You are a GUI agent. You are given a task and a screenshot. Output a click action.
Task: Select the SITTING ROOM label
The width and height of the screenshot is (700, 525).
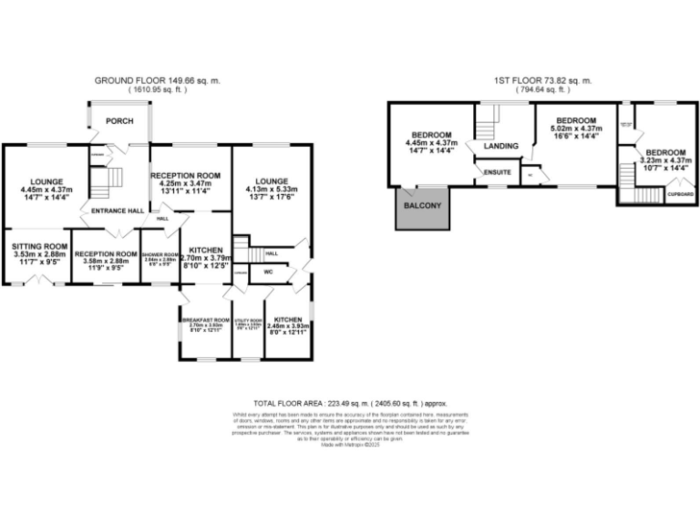(x=39, y=245)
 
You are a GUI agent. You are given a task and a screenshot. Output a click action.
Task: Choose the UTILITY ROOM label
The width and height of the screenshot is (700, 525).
(x=248, y=320)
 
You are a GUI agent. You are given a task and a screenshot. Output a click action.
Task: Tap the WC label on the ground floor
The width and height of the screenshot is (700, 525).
(x=269, y=272)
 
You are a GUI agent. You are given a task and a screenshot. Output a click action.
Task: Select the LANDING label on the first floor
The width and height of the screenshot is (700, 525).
(x=501, y=146)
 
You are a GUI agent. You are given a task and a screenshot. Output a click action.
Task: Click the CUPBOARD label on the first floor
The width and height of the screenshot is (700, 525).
(x=677, y=192)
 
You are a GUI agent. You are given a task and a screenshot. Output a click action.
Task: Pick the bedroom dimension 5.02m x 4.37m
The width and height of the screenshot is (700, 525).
(x=577, y=129)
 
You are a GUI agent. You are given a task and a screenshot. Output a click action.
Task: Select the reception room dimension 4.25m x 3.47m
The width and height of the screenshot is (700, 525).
(x=185, y=184)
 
